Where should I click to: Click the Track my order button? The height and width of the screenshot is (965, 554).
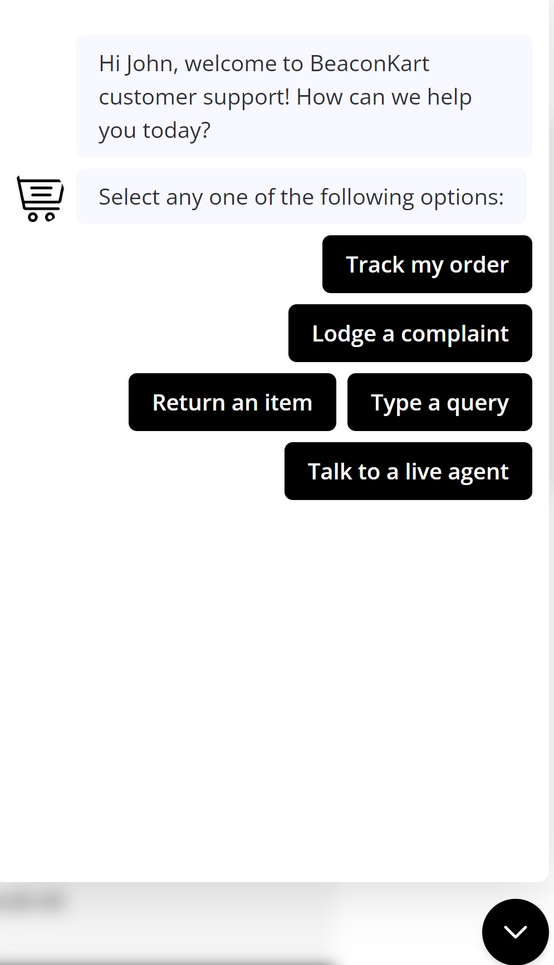click(x=427, y=264)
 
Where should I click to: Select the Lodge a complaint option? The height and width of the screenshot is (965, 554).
click(x=410, y=333)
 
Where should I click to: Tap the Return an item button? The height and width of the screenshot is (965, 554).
click(x=232, y=402)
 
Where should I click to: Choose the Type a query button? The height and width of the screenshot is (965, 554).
click(x=439, y=402)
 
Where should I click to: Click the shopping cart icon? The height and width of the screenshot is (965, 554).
click(x=40, y=198)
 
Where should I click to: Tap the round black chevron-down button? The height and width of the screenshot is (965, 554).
click(x=515, y=931)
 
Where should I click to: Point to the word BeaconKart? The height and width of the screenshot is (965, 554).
click(x=369, y=64)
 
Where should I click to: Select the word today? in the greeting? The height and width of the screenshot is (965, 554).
click(x=177, y=131)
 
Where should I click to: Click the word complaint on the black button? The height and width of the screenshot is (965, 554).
click(x=454, y=334)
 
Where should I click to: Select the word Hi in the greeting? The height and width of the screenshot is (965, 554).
click(x=109, y=64)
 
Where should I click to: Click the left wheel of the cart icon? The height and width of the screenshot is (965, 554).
click(x=33, y=216)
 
